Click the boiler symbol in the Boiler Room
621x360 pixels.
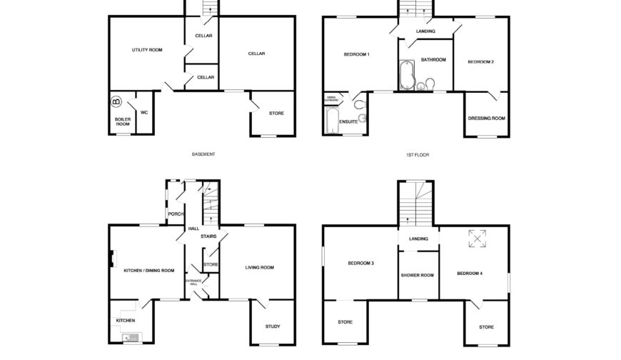[117, 101]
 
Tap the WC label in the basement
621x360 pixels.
[144, 112]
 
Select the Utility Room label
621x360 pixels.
[147, 50]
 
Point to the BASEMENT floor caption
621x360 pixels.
[203, 154]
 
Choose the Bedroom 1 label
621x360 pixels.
[357, 55]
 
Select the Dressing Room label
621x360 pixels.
[486, 118]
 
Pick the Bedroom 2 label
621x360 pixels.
[480, 62]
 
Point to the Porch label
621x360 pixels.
[175, 214]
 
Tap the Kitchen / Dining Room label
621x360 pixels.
[148, 270]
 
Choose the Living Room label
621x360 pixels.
[260, 268]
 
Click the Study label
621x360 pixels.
[272, 326]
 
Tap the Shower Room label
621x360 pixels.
[417, 275]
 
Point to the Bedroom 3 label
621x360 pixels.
[361, 264]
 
